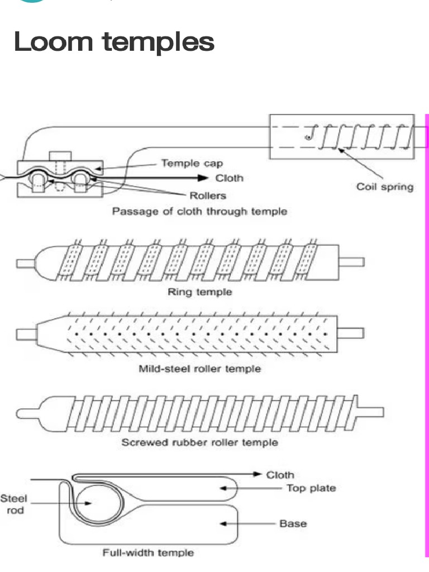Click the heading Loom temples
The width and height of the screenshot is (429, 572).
(x=114, y=41)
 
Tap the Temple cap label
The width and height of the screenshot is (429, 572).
(x=192, y=163)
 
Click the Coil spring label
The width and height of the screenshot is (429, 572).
(x=385, y=187)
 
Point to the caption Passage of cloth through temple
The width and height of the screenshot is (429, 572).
(x=199, y=212)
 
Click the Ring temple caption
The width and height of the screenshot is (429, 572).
(x=199, y=292)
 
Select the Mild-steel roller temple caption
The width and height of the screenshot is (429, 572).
(x=199, y=369)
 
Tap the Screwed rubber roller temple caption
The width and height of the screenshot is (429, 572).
(x=199, y=443)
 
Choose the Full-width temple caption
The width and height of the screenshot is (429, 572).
(x=148, y=553)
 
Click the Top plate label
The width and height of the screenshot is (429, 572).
(x=311, y=488)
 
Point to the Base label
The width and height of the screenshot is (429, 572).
(x=293, y=524)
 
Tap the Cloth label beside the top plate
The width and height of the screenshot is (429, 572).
(x=279, y=475)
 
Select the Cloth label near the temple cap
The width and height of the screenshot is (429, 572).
(x=229, y=179)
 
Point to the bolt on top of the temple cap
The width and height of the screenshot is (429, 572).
(x=58, y=156)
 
